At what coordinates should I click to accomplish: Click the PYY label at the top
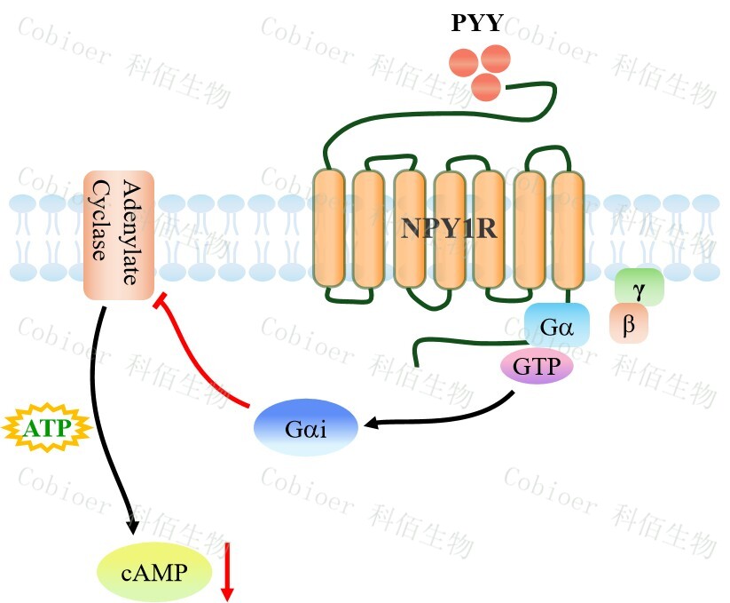pos(476,24)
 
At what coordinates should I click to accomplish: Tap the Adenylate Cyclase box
pos(119,235)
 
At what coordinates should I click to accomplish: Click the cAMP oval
pos(154,573)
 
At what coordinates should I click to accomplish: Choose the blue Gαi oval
pos(307,429)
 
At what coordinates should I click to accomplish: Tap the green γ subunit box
pos(639,288)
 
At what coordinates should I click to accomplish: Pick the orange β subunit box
pos(629,324)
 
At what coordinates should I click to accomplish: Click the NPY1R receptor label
pos(448,228)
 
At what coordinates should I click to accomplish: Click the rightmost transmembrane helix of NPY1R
pos(568,228)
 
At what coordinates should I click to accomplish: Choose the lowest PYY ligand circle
pos(486,87)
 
